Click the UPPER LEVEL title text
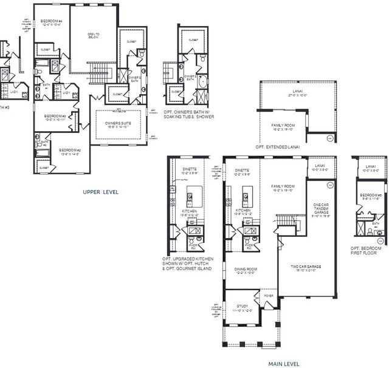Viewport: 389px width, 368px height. tap(100, 192)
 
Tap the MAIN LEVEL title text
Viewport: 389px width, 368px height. tap(283, 364)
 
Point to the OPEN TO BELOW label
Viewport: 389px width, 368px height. tap(93, 35)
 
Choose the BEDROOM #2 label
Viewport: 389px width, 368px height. tap(70, 152)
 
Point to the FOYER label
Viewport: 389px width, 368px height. tap(268, 296)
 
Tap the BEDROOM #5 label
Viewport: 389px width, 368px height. tap(371, 196)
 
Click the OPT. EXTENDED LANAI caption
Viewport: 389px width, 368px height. tap(278, 147)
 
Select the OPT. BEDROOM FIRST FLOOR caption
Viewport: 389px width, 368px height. tap(366, 251)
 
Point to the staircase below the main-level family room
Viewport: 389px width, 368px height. tap(289, 224)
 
